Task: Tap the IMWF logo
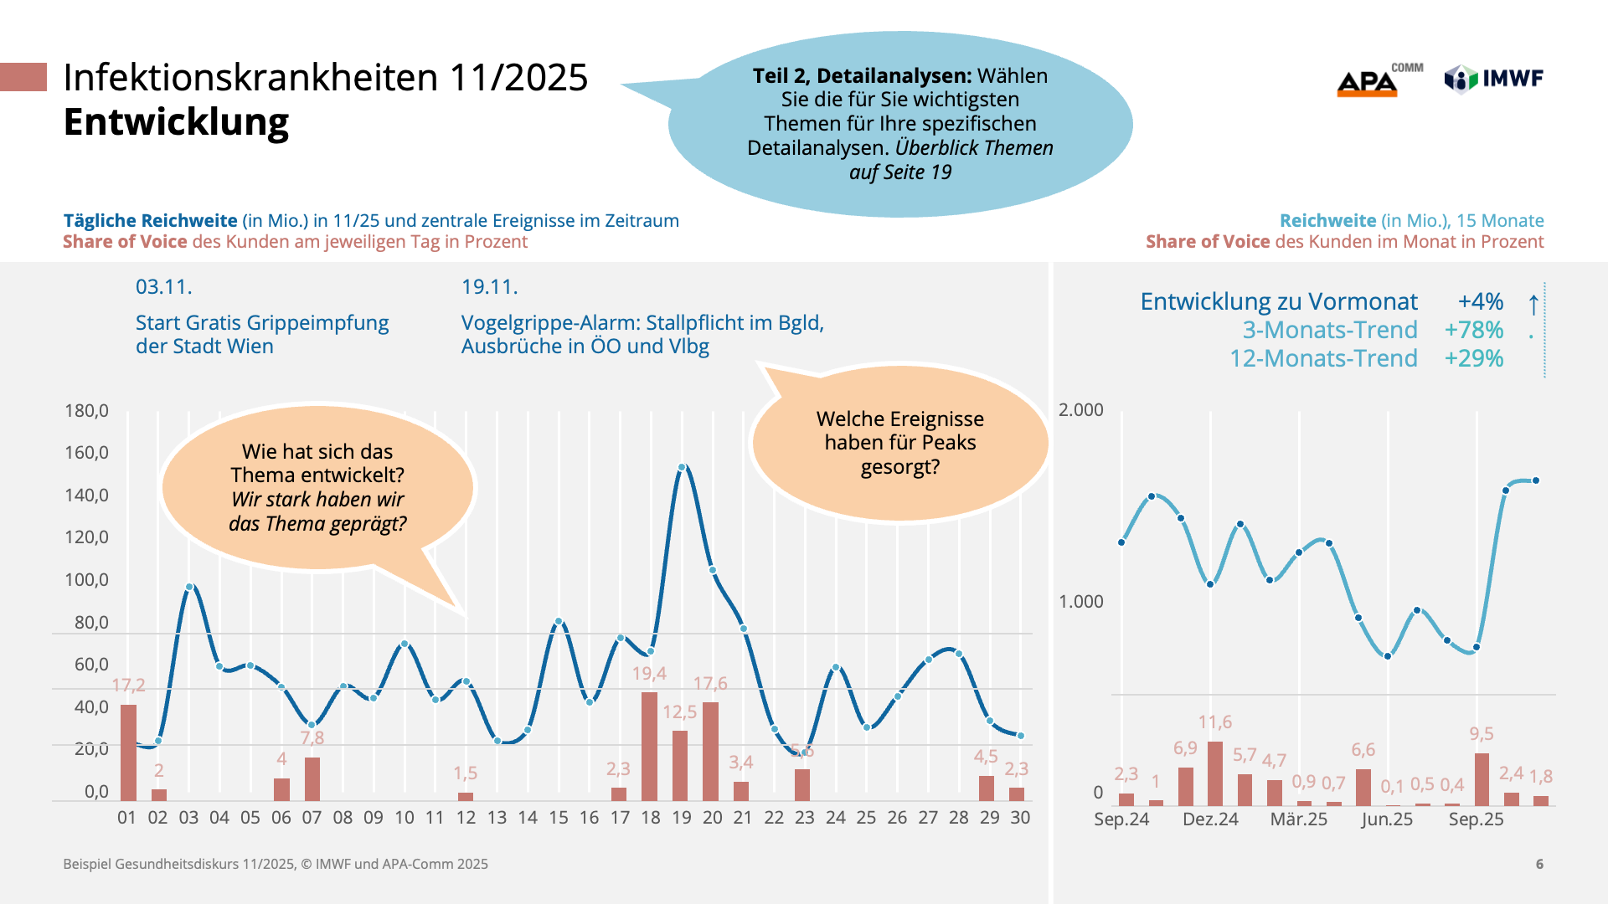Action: click(x=1494, y=79)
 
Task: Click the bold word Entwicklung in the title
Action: click(x=176, y=122)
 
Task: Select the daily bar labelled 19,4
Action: click(x=649, y=746)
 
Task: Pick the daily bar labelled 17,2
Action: click(x=128, y=752)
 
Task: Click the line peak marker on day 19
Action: click(x=682, y=468)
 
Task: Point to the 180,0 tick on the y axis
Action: click(x=86, y=411)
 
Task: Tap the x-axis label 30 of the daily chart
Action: click(x=1020, y=818)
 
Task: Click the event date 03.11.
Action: click(x=164, y=287)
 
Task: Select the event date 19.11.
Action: click(x=490, y=287)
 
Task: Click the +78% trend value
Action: click(x=1473, y=330)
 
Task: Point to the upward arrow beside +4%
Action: click(x=1533, y=304)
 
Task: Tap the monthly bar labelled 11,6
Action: click(x=1215, y=773)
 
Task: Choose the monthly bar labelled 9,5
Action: click(x=1482, y=779)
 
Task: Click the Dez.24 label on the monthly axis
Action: click(x=1210, y=819)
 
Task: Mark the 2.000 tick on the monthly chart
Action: click(x=1080, y=410)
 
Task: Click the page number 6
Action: click(x=1539, y=864)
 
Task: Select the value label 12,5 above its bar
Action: click(x=679, y=712)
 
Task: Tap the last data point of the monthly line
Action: click(x=1536, y=481)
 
